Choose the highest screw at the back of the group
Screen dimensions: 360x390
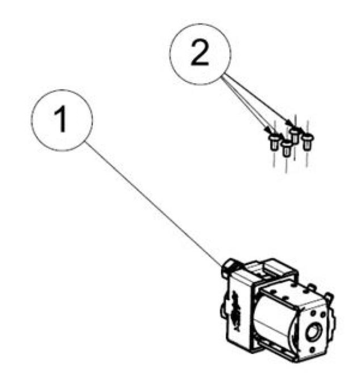[295, 135]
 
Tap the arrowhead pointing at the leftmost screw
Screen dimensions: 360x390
[268, 130]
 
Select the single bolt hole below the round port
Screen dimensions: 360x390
[312, 355]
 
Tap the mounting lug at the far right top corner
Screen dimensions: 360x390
[329, 296]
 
